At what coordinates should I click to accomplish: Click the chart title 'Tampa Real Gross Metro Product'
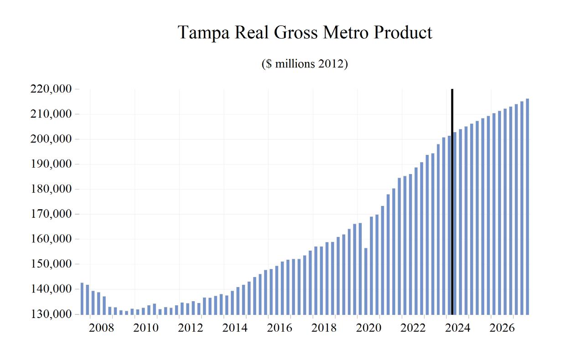(305, 33)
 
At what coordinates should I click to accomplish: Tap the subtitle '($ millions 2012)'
(305, 64)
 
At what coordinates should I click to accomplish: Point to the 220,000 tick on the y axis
(51, 89)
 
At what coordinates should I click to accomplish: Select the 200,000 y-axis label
(51, 139)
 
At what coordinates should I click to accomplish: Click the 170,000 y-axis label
(51, 214)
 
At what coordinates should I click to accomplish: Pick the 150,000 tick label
(51, 264)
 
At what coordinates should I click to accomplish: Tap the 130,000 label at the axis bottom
(51, 314)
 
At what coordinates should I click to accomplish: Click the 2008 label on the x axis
(101, 328)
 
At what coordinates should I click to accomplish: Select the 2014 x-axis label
(235, 328)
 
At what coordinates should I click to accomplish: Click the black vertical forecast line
(452, 201)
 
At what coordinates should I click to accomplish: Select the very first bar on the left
(82, 298)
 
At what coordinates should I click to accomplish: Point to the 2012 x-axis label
(190, 328)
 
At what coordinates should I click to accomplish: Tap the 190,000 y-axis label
(51, 164)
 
